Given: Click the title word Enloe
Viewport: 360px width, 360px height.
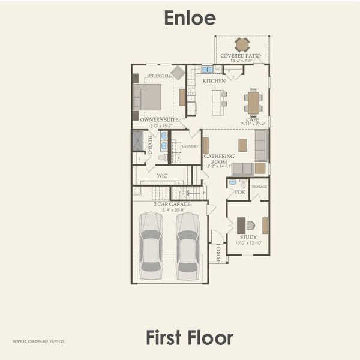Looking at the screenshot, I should (x=190, y=18).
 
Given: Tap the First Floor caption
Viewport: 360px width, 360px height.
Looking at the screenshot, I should (x=189, y=337).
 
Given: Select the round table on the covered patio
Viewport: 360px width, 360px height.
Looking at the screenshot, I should (x=242, y=44).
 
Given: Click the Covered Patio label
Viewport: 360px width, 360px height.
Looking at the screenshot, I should (x=241, y=56).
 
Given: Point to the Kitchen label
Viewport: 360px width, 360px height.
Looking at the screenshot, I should (x=214, y=80).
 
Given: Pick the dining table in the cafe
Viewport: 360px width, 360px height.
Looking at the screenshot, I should (x=253, y=102).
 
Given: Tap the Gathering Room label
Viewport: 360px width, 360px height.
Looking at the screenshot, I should (x=218, y=159).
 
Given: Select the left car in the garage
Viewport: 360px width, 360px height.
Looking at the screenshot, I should (x=151, y=245).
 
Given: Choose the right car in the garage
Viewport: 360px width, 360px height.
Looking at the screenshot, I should (x=188, y=245).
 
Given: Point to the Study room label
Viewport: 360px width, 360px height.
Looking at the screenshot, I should (x=248, y=237).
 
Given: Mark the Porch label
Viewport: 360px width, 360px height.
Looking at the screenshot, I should (x=218, y=252).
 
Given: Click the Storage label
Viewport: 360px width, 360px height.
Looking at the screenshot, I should (x=259, y=187).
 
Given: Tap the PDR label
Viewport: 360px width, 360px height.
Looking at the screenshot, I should (x=240, y=192).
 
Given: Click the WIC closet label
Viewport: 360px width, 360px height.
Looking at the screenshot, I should (x=162, y=176).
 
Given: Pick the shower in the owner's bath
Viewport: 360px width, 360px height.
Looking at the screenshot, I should (x=138, y=140).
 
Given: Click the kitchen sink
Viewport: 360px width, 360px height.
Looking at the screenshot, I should (x=207, y=70).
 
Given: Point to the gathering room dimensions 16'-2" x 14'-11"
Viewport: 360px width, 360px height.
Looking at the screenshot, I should (x=218, y=166).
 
